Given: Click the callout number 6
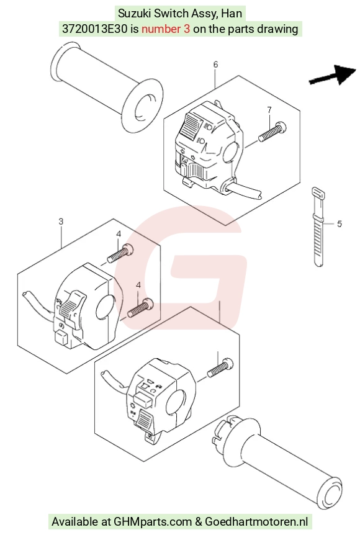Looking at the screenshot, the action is [215, 65].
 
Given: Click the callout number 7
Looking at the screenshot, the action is [269, 110].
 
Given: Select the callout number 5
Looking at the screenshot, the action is [339, 224].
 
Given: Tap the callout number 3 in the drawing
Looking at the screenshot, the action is [61, 222].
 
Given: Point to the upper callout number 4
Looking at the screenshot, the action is [119, 234].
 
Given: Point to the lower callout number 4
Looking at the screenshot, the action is [138, 285].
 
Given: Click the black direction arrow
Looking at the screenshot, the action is [333, 75].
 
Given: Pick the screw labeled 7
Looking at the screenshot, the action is [272, 132].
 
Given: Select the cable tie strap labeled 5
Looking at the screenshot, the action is [318, 227].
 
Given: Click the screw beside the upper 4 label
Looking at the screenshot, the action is [120, 254].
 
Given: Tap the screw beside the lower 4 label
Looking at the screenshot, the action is [140, 307].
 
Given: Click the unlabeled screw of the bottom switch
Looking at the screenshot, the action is [220, 367].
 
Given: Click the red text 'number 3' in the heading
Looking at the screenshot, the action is [166, 29].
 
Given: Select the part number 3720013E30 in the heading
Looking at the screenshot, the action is [95, 29].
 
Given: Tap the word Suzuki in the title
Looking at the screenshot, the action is [135, 13].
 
